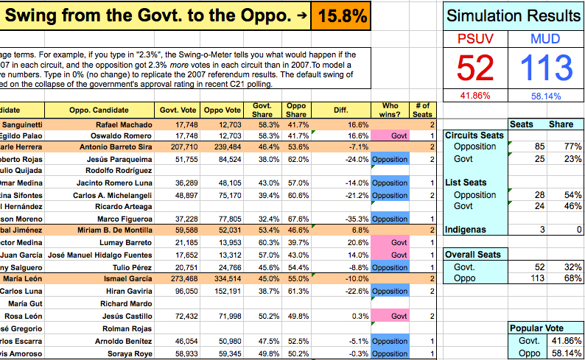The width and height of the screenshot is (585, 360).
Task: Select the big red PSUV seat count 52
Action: pos(474,68)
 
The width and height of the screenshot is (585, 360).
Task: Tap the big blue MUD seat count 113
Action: pos(546,68)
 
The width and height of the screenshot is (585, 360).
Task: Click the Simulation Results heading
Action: pos(514,16)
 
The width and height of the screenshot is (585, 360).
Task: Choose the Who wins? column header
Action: pos(390,110)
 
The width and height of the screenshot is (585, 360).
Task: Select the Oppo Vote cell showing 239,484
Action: pos(223,147)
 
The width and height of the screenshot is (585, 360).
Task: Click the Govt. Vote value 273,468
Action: pos(180,279)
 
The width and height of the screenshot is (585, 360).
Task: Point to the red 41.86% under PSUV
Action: pos(474,96)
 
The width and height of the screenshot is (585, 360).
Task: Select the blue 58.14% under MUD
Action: pos(546,96)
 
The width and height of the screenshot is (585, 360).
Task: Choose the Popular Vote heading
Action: pos(545,328)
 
